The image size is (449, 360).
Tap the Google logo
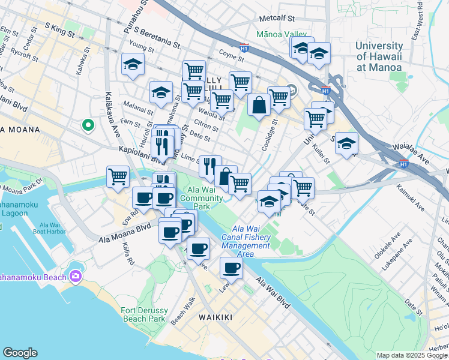coord(20,353)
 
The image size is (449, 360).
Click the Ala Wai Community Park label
coord(201,198)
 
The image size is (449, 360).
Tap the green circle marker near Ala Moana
coord(88,125)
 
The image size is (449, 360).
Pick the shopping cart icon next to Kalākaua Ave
coord(118,176)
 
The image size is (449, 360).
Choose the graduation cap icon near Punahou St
coord(133,65)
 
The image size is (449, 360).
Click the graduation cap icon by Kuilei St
coord(347,143)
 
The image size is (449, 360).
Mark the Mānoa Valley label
coord(281,35)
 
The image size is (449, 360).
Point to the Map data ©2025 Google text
coord(412,355)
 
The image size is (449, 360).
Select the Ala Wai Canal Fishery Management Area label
coord(246,242)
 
